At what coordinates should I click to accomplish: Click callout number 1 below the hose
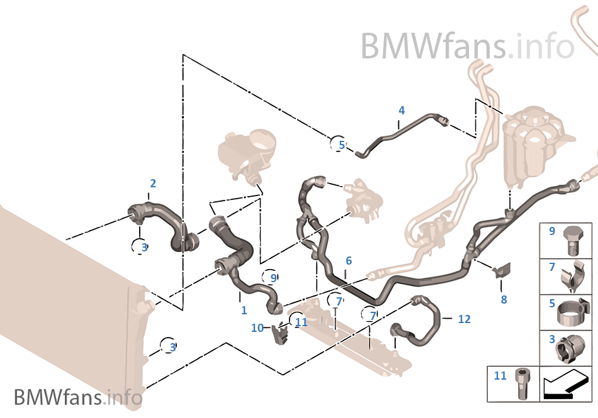[x=244, y=310]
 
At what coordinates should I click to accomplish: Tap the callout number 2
[x=152, y=184]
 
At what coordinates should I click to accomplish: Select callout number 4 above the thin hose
[x=401, y=111]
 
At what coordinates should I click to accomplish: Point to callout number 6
[x=348, y=260]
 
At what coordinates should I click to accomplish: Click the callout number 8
[x=504, y=300]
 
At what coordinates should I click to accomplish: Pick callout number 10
[x=257, y=327]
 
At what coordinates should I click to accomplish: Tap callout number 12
[x=464, y=319]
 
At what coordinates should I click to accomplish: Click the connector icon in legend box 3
[x=572, y=348]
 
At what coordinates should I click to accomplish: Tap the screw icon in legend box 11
[x=522, y=382]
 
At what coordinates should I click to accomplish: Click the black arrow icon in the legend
[x=565, y=383]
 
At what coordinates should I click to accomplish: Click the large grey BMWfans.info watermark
[x=467, y=46]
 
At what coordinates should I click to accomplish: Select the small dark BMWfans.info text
[x=77, y=397]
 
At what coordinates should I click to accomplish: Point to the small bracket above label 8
[x=502, y=271]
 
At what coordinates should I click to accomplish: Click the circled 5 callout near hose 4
[x=340, y=145]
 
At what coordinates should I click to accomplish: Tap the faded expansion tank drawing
[x=532, y=145]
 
